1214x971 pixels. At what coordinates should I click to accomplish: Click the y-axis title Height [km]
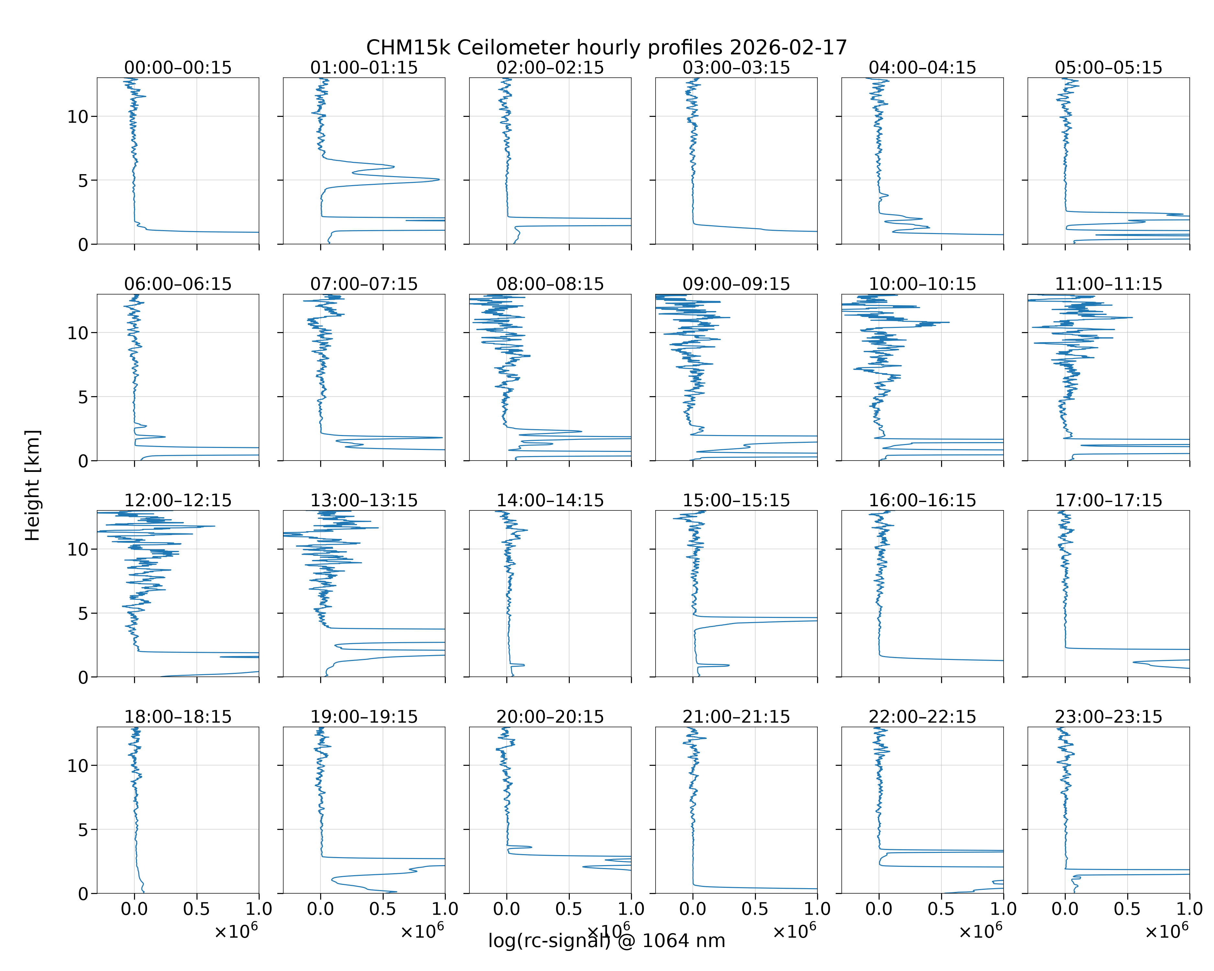(33, 485)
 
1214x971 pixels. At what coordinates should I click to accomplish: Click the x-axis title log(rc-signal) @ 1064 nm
(606, 941)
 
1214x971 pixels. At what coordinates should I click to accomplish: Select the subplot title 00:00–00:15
(178, 68)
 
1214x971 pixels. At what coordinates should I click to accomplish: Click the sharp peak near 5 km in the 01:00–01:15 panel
(439, 180)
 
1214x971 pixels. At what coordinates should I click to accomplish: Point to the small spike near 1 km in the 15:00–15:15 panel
(728, 665)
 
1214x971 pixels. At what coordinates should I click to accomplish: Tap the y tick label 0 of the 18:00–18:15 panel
(83, 894)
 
